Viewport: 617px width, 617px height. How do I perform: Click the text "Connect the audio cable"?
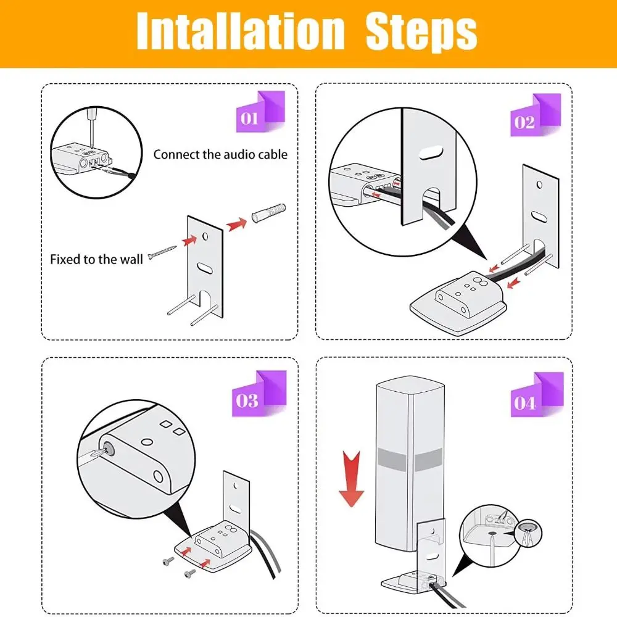tap(220, 154)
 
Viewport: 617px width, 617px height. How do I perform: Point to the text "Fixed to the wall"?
tap(96, 259)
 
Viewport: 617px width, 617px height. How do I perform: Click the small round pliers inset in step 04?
tap(527, 533)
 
